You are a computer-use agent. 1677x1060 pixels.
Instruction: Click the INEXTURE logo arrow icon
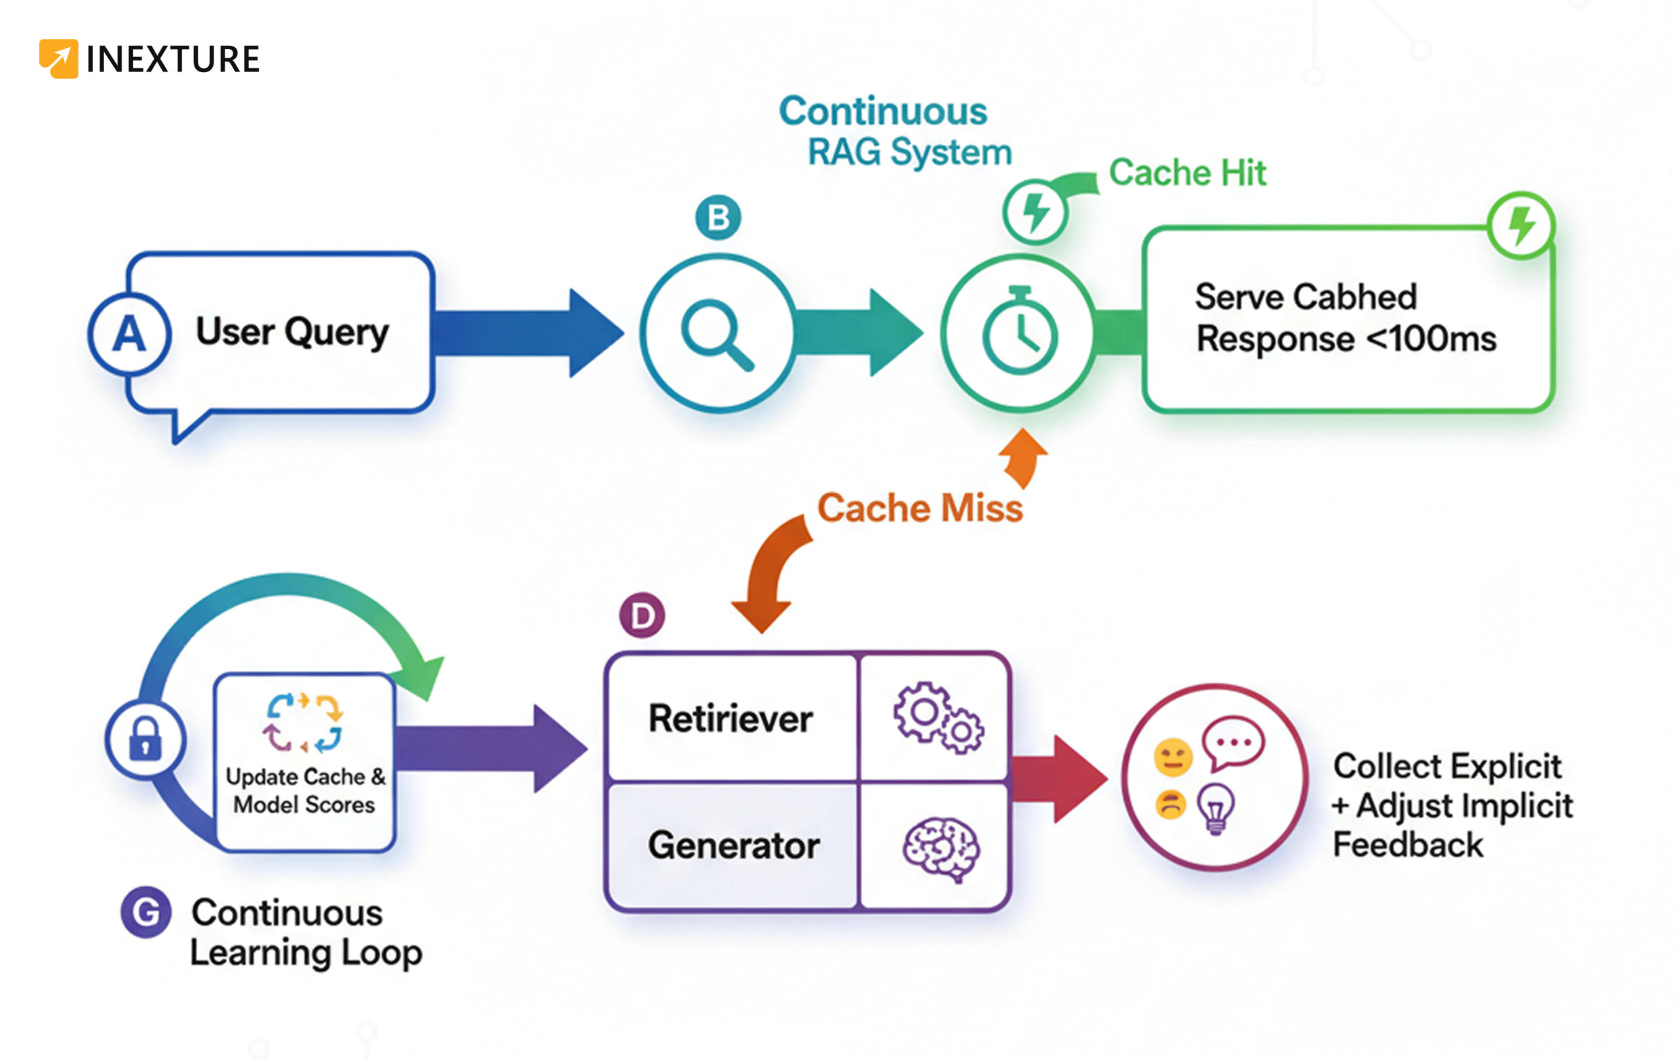point(58,58)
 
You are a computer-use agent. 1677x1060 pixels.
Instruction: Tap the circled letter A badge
point(130,334)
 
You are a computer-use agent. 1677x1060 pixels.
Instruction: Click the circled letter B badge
point(718,218)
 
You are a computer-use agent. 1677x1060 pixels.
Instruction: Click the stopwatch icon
point(1019,331)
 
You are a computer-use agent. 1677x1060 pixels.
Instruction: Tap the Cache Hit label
point(1187,173)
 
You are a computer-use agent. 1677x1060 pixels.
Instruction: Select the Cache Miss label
point(919,508)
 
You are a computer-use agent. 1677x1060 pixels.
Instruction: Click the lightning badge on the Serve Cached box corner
point(1521,225)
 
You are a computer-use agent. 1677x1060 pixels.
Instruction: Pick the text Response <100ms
point(1346,339)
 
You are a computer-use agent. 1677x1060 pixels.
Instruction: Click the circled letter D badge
point(642,616)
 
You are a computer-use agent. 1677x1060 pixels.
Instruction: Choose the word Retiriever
point(730,719)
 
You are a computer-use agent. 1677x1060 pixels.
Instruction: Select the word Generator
point(733,846)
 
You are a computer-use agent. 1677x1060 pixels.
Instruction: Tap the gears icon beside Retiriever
point(939,717)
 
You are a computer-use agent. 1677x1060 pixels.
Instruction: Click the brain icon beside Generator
point(941,848)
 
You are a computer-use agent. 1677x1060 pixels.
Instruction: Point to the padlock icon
point(145,739)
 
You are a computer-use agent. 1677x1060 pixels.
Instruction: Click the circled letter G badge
point(145,912)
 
